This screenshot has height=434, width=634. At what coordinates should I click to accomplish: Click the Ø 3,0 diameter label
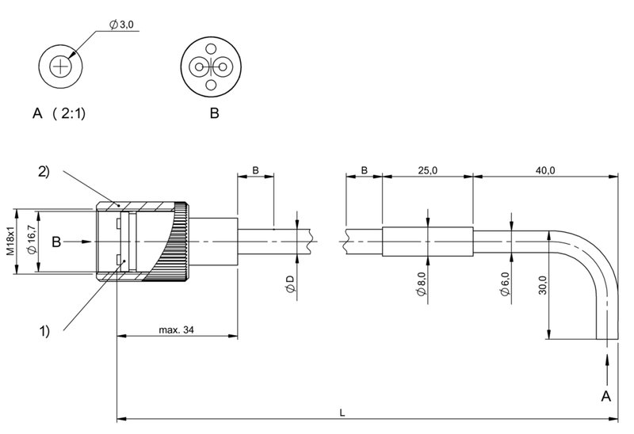click(121, 25)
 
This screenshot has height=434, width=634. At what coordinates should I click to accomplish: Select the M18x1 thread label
click(10, 241)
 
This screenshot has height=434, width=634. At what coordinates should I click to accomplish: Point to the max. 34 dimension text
click(176, 329)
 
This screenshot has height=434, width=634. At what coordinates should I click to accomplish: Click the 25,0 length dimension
click(427, 170)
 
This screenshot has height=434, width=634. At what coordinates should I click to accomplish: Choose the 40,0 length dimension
click(545, 170)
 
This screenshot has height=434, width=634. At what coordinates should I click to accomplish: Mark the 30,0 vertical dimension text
click(542, 285)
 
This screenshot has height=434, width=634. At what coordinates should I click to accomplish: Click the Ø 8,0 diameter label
click(421, 284)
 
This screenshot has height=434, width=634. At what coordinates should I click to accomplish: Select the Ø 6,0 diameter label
click(505, 284)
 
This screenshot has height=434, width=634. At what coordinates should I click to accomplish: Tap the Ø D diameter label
click(290, 284)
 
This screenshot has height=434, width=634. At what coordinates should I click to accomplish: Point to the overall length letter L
click(342, 413)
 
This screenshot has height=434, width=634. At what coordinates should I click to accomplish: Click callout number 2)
click(44, 171)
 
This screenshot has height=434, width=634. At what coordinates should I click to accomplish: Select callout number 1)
click(44, 331)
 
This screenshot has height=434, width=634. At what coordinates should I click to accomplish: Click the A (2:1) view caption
click(59, 113)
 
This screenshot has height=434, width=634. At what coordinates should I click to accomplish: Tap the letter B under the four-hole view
click(214, 113)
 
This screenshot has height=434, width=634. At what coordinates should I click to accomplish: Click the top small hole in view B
click(211, 49)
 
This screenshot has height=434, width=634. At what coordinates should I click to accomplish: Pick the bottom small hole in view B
click(211, 85)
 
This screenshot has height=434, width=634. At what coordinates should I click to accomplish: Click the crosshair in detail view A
click(60, 67)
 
